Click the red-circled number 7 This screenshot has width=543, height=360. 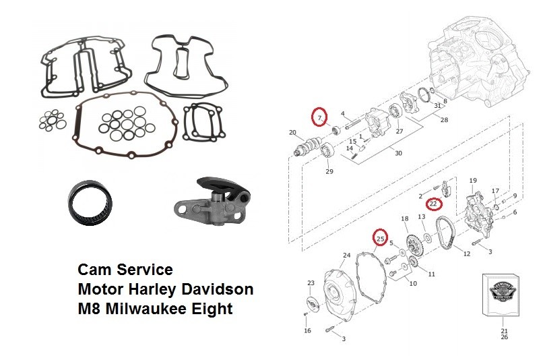[x=319, y=117]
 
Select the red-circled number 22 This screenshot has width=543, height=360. [x=434, y=203]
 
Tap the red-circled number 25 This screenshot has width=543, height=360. [x=381, y=238]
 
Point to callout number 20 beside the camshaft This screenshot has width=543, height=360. [x=292, y=132]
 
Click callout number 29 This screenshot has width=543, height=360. [x=329, y=172]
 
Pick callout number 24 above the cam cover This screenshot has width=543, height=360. [x=346, y=256]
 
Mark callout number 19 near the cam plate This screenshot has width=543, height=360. [x=473, y=181]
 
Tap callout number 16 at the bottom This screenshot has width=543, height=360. [x=307, y=331]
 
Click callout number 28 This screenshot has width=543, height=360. [x=443, y=120]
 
